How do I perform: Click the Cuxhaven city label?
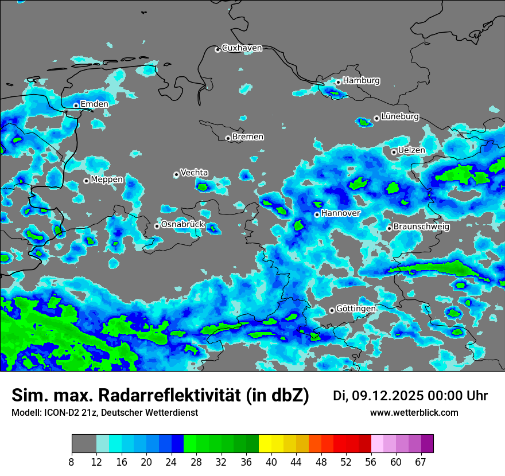[x=242, y=48]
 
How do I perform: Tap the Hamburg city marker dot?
[x=339, y=82]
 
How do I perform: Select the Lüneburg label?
[x=399, y=116]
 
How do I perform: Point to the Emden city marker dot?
[x=76, y=106]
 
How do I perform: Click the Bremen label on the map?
[x=248, y=137]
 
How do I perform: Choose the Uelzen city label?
[x=411, y=150]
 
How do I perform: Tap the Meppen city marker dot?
[x=86, y=181]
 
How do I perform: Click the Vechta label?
[x=194, y=173]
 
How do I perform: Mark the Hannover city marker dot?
[x=317, y=214]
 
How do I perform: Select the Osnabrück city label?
[x=182, y=224]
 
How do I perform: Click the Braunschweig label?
[x=421, y=227]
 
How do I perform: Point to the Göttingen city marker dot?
[x=332, y=310]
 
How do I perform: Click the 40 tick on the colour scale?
[x=271, y=462]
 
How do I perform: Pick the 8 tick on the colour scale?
[x=72, y=462]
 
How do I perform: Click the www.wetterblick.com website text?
[x=414, y=413]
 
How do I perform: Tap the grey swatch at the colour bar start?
[x=84, y=444]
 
